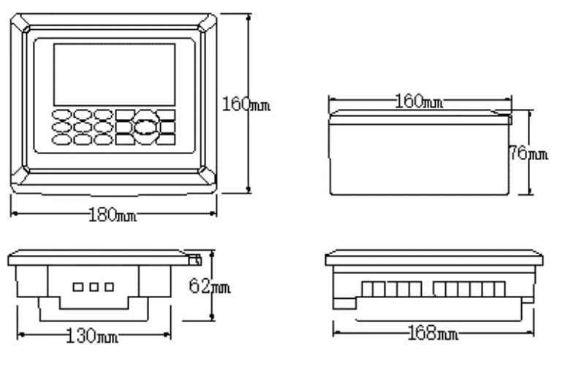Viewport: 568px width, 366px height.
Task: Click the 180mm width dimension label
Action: tap(113, 215)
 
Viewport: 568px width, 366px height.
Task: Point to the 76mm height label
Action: tap(528, 154)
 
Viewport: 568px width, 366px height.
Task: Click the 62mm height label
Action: tap(210, 287)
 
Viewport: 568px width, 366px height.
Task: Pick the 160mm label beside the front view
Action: tap(246, 104)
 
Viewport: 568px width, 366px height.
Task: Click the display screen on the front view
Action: tap(115, 74)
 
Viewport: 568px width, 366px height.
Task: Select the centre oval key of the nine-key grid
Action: tap(82, 126)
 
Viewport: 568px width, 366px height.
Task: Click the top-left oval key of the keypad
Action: tap(61, 115)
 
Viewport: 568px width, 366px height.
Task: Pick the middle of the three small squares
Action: tap(94, 287)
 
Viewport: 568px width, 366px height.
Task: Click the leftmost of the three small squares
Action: tap(78, 287)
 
